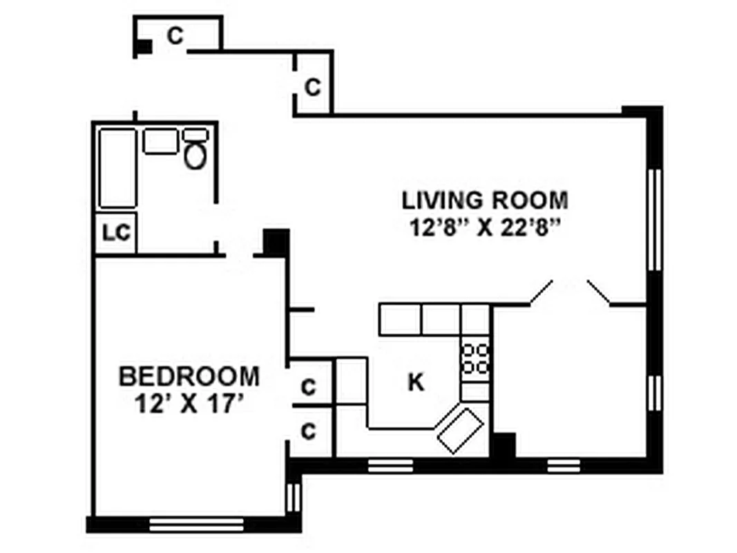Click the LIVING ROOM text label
[485, 200]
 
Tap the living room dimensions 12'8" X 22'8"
[485, 228]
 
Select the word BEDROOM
[189, 377]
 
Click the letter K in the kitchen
[415, 382]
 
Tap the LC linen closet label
[116, 233]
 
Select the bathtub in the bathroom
[117, 168]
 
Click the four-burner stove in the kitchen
[475, 359]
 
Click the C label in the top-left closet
[176, 35]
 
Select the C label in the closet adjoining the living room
[313, 88]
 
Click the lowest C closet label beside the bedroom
[309, 431]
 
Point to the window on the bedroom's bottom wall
[196, 525]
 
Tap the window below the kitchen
[390, 465]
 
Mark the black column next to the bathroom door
[276, 243]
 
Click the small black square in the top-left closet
[144, 46]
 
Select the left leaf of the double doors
[541, 293]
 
